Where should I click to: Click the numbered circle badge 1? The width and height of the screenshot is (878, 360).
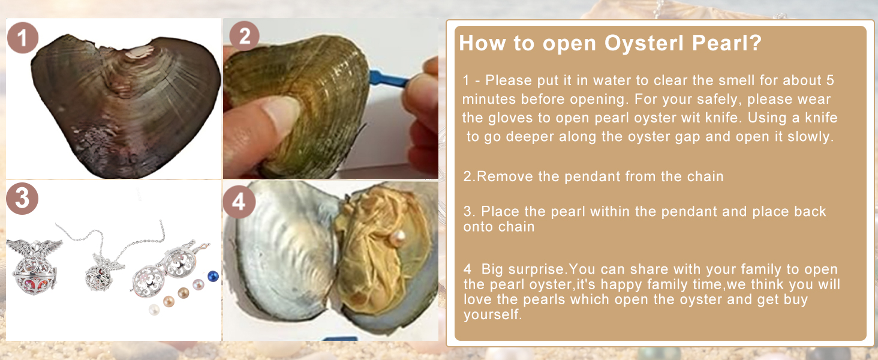23,38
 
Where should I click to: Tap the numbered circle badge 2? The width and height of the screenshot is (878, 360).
244,35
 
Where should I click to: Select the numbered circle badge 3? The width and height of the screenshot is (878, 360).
22,199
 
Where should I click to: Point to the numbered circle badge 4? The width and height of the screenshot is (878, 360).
239,202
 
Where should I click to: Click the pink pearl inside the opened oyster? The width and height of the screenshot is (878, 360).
398,238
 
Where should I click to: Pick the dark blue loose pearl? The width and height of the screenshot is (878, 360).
213,276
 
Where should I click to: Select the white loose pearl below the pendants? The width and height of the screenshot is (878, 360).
154,310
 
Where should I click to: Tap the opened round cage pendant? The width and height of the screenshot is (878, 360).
164,271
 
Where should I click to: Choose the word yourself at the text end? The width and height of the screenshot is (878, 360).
493,314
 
